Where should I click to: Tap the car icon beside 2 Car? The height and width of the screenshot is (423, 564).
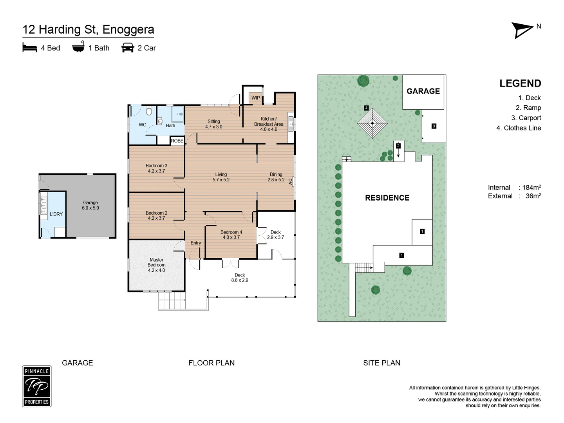click(128, 48)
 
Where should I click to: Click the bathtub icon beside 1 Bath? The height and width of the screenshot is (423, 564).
click(78, 47)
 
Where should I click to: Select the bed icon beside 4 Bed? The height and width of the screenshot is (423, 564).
click(30, 47)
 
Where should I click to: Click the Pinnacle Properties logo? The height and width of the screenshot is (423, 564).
click(37, 386)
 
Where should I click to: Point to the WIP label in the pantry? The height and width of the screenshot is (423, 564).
click(255, 98)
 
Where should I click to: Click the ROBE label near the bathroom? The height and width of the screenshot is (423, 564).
click(177, 141)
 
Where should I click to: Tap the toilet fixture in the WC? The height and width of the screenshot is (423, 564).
click(149, 111)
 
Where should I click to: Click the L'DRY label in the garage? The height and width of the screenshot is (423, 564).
click(56, 214)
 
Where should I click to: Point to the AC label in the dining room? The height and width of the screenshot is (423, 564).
click(290, 182)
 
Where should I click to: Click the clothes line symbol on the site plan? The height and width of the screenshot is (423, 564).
click(372, 123)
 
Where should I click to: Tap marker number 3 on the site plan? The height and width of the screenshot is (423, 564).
click(434, 126)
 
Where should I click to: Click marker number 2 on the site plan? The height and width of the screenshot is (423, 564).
click(398, 146)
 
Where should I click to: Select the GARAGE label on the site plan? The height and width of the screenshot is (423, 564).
click(423, 91)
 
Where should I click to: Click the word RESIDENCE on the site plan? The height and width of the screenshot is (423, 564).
click(387, 198)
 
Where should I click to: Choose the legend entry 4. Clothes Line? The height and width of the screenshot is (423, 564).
click(519, 128)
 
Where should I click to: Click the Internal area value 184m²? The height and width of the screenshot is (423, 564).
click(531, 187)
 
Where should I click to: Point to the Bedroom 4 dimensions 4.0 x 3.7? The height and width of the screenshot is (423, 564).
click(231, 237)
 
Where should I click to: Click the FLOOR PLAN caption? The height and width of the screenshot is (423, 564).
click(211, 363)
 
